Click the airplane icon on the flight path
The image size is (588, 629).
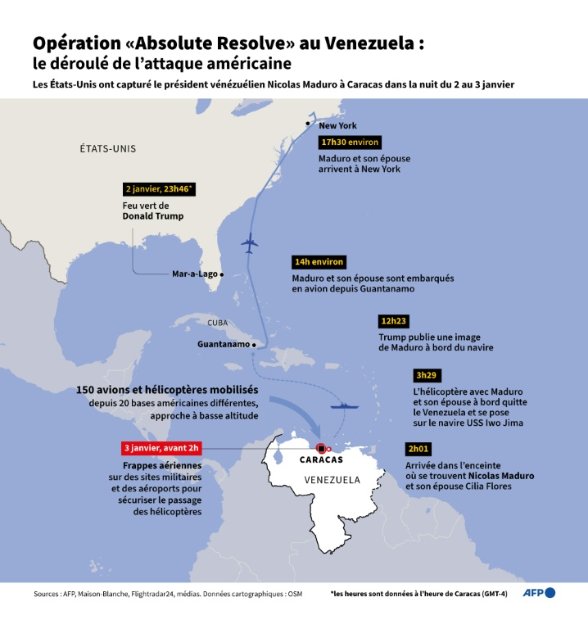point(251,243)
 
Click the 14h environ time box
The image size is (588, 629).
point(319,262)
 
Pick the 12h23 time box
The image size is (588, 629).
point(395,320)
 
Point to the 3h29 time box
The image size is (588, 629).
point(426,375)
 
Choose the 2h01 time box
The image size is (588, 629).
point(418,449)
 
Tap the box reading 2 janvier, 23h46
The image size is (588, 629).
point(159,188)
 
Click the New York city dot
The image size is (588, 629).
point(308,123)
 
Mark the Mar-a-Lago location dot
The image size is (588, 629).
point(222,274)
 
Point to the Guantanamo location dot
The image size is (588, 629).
point(255,345)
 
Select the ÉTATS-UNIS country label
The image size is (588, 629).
point(107,149)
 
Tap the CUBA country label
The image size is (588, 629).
point(217,323)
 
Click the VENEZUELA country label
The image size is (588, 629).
point(332,479)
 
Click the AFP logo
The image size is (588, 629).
point(540,593)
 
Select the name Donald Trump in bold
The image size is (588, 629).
point(152,216)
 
